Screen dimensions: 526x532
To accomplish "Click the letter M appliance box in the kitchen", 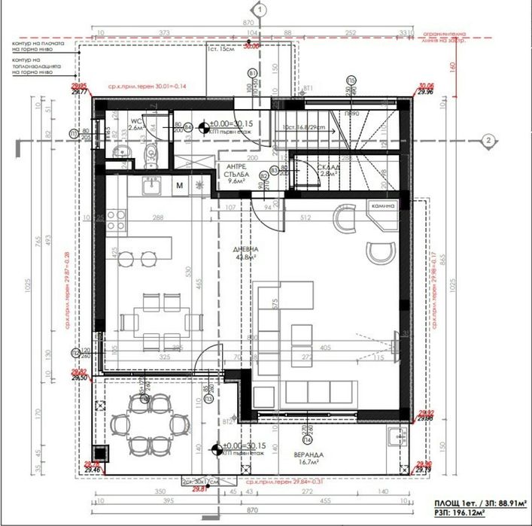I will click(180, 184).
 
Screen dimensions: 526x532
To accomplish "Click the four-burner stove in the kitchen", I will click(116, 219).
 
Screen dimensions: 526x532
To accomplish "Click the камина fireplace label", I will click(382, 205).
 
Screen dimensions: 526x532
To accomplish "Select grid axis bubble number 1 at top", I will click(259, 11).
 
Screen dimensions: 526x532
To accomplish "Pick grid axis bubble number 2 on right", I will click(488, 140).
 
